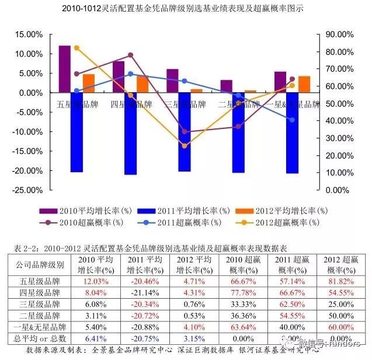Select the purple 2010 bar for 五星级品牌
(64, 69)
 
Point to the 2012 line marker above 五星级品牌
(77, 48)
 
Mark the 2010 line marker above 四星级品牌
(131, 55)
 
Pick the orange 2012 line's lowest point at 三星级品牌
(185, 146)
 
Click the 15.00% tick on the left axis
(25, 34)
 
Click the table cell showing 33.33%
(242, 304)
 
